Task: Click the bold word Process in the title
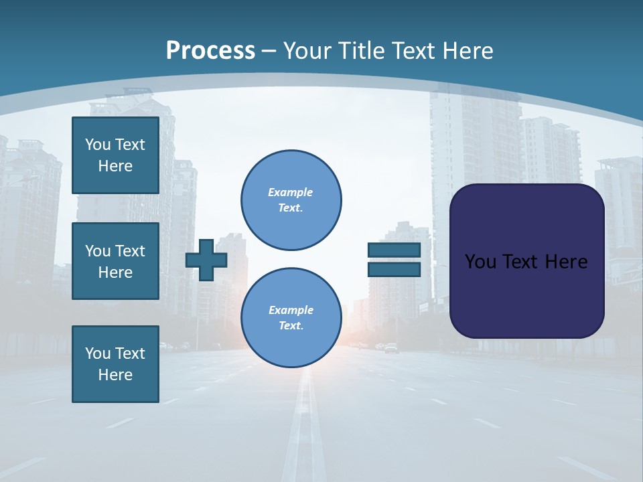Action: tap(210, 51)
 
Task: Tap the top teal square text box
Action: tap(115, 155)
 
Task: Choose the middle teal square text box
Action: tap(115, 261)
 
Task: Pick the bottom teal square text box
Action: tap(115, 364)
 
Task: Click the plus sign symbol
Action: tap(206, 260)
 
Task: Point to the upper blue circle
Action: tap(291, 200)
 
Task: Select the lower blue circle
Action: tap(291, 318)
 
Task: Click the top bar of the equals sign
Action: tap(394, 250)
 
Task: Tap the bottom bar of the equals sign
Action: tap(394, 270)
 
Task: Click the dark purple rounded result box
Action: tap(526, 295)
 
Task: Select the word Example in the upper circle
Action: tap(291, 192)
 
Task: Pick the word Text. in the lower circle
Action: tap(291, 326)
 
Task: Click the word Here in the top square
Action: tap(115, 166)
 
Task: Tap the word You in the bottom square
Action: tap(98, 353)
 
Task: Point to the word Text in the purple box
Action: tap(520, 262)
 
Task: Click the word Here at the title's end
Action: tap(468, 51)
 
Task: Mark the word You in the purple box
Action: tap(480, 262)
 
